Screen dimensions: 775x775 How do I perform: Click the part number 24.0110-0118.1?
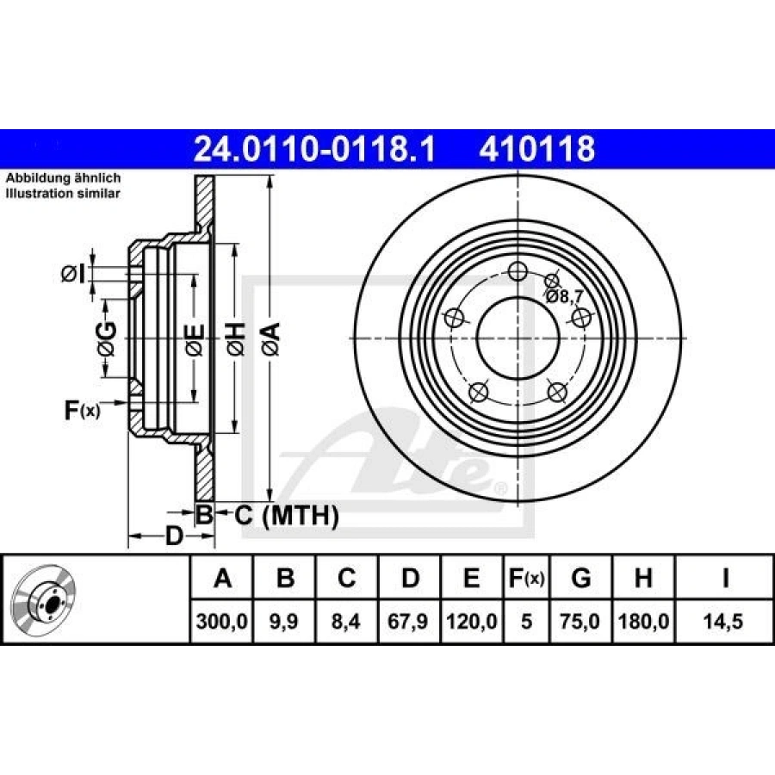point(315,150)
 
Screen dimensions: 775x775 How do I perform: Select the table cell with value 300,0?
point(222,619)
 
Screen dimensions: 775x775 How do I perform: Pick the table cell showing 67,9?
point(410,619)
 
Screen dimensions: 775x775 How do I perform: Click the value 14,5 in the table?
point(725,619)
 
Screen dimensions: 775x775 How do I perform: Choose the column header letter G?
point(581,579)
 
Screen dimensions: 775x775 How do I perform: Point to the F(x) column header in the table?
point(525,579)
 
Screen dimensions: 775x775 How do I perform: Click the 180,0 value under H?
point(642,619)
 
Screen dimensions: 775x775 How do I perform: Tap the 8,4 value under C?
point(346,619)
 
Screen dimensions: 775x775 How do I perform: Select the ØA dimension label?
point(270,338)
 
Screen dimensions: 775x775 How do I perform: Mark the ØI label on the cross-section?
point(74,275)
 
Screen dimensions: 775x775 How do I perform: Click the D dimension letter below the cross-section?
point(174,537)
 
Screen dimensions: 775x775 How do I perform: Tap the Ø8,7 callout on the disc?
point(565,296)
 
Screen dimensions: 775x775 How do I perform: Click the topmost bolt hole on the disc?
point(517,272)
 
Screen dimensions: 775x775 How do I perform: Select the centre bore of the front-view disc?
point(517,338)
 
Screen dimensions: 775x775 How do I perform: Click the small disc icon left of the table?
point(45,599)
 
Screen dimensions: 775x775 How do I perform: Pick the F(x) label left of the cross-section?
point(83,411)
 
